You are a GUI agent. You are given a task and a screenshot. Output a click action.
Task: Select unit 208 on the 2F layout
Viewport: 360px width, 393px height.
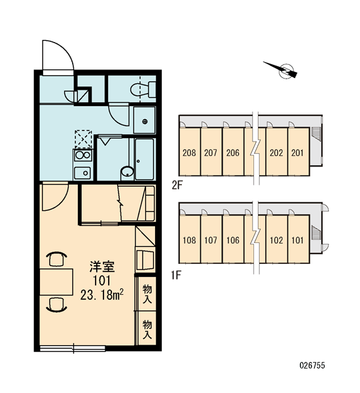point(189,152)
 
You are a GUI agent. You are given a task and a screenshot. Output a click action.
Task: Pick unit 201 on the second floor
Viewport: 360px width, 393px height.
point(298,152)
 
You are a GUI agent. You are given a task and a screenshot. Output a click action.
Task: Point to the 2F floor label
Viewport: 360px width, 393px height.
point(176,186)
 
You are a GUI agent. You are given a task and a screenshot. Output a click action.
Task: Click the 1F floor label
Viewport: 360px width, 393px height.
point(176,276)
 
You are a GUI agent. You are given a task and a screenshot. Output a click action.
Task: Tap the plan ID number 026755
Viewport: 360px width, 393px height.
point(312,365)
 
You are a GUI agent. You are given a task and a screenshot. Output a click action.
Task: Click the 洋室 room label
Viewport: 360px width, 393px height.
point(102,267)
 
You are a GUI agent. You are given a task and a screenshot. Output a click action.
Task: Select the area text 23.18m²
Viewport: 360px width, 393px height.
point(101,295)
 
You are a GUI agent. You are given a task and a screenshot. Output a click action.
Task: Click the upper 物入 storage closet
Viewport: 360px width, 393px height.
point(147,294)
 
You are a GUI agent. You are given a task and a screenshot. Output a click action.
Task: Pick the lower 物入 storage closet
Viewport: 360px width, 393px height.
point(147,329)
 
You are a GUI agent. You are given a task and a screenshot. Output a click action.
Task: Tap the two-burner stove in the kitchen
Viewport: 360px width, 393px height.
point(83,155)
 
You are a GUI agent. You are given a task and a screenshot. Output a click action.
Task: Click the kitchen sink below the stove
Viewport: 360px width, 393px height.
point(82,173)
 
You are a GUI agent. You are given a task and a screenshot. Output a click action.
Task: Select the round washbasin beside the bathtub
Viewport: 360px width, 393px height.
point(127,172)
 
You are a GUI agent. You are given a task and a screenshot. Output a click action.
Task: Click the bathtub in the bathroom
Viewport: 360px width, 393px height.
point(145,159)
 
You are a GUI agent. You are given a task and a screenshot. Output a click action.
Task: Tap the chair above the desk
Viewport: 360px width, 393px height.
point(57,259)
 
